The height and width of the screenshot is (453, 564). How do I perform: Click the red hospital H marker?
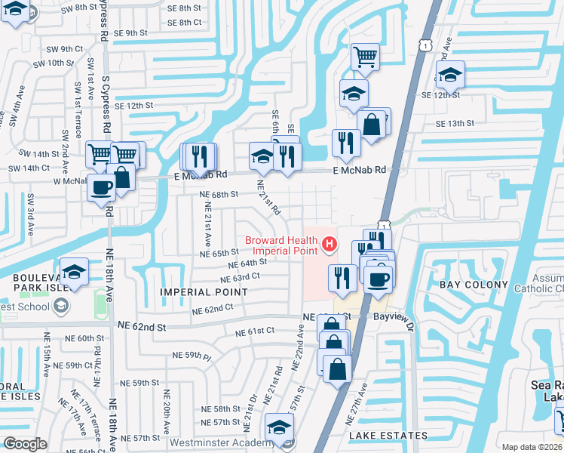pos(329,243)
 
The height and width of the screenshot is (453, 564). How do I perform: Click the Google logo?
pos(25,444)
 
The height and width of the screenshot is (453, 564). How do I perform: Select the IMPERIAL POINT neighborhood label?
pos(194,291)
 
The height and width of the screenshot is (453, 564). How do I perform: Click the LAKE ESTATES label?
pos(388,436)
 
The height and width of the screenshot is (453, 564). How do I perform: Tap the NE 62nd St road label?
pos(142,326)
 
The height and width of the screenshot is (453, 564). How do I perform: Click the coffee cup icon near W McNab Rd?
pos(100,188)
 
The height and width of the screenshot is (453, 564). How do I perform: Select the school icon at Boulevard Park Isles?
pos(75,271)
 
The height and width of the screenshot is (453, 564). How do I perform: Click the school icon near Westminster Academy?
pos(279,428)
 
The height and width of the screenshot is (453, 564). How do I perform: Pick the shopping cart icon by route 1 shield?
pos(365,56)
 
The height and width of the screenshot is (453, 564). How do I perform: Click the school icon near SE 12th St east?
pos(450,75)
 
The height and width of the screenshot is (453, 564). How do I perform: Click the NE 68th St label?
pos(219,194)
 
